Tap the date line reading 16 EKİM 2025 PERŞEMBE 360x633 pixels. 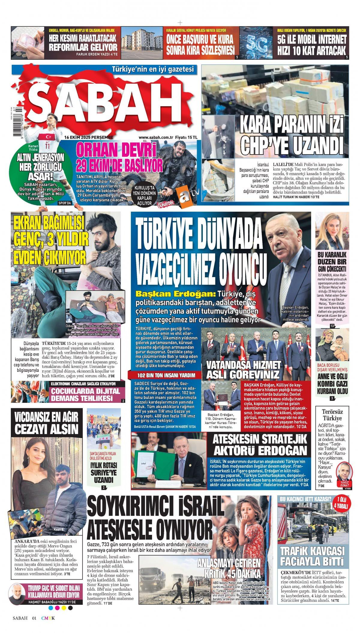click(88, 137)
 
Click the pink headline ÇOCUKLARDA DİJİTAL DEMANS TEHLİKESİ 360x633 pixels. click(85, 395)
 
